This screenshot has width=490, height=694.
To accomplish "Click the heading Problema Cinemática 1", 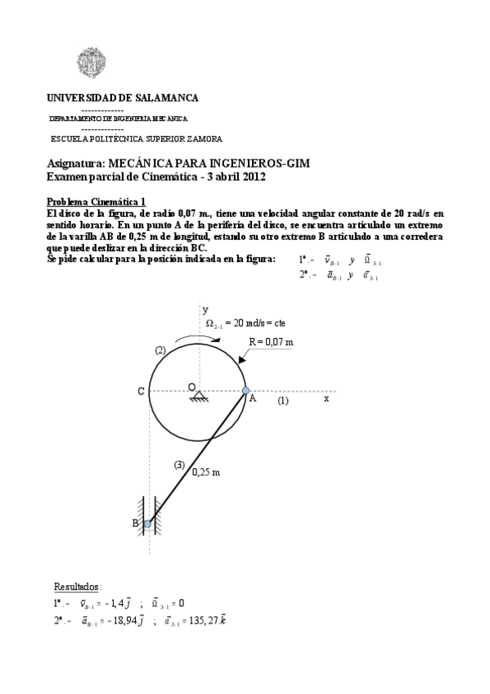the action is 96,201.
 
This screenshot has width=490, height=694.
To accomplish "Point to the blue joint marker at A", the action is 245,390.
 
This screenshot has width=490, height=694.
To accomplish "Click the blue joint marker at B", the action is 147,524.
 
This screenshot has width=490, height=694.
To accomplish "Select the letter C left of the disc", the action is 141,392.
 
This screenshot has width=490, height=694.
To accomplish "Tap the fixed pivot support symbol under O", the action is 198,397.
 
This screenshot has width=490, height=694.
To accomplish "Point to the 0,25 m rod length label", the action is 206,471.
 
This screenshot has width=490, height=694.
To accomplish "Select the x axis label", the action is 326,399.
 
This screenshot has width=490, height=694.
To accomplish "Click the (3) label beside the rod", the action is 179,465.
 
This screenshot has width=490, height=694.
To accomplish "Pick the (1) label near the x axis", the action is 282,401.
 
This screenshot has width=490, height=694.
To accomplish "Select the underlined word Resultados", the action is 77,586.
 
